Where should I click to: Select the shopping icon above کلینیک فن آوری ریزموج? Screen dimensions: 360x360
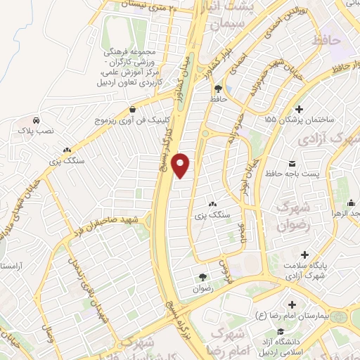[133, 109]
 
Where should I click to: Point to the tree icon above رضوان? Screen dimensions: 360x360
[202, 277]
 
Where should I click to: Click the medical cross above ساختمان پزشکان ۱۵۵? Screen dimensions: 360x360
[300, 109]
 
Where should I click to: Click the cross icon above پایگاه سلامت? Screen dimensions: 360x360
[304, 255]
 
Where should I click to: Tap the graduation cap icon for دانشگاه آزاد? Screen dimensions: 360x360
[280, 331]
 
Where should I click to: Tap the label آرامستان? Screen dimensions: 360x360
[13, 266]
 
